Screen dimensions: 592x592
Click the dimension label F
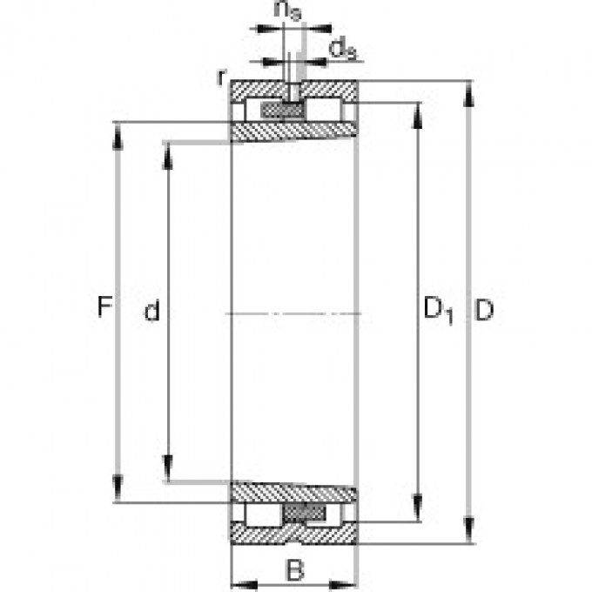point(104,308)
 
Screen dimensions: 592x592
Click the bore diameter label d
point(152,312)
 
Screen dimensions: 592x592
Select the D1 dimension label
point(438,310)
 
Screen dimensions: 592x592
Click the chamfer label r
point(223,77)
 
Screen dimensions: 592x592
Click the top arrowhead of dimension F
point(118,131)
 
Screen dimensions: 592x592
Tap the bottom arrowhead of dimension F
point(118,494)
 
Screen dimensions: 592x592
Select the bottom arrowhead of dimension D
point(470,533)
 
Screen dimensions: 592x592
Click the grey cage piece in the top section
point(282,111)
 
